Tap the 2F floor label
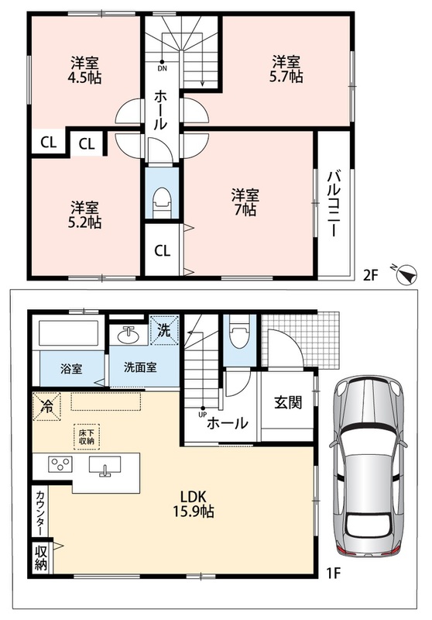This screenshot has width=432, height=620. (371, 275)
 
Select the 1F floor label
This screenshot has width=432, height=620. (333, 573)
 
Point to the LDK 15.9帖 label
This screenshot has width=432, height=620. (193, 504)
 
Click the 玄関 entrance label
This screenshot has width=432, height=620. (288, 403)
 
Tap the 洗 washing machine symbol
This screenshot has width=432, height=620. (164, 330)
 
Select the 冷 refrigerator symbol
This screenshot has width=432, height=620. (46, 406)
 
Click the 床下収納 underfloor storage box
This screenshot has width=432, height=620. (87, 437)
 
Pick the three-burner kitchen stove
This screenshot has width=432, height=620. (60, 463)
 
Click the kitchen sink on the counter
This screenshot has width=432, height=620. (105, 465)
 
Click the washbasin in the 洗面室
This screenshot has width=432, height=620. (128, 336)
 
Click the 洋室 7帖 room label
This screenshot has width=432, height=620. (245, 202)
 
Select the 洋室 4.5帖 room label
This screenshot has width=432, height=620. (84, 70)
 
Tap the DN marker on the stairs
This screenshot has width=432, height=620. (163, 66)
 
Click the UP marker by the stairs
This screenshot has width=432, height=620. (203, 412)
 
